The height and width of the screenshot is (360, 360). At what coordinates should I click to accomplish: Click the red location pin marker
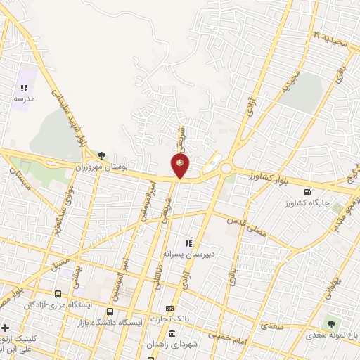coord(180,165)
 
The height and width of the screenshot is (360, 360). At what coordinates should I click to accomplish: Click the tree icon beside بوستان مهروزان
coord(102,155)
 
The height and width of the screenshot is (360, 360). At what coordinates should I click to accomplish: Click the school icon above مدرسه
coord(24,89)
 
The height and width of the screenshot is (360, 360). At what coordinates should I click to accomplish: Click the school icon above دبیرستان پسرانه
coord(188,243)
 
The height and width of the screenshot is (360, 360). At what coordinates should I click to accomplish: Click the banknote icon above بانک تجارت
coord(169,308)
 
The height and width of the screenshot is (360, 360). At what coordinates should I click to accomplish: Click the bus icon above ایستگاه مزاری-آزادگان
coord(58,294)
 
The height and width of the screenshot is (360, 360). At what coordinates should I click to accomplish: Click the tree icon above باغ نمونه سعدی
coord(330,323)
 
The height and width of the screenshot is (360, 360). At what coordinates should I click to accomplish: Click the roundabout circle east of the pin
coord(226,169)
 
